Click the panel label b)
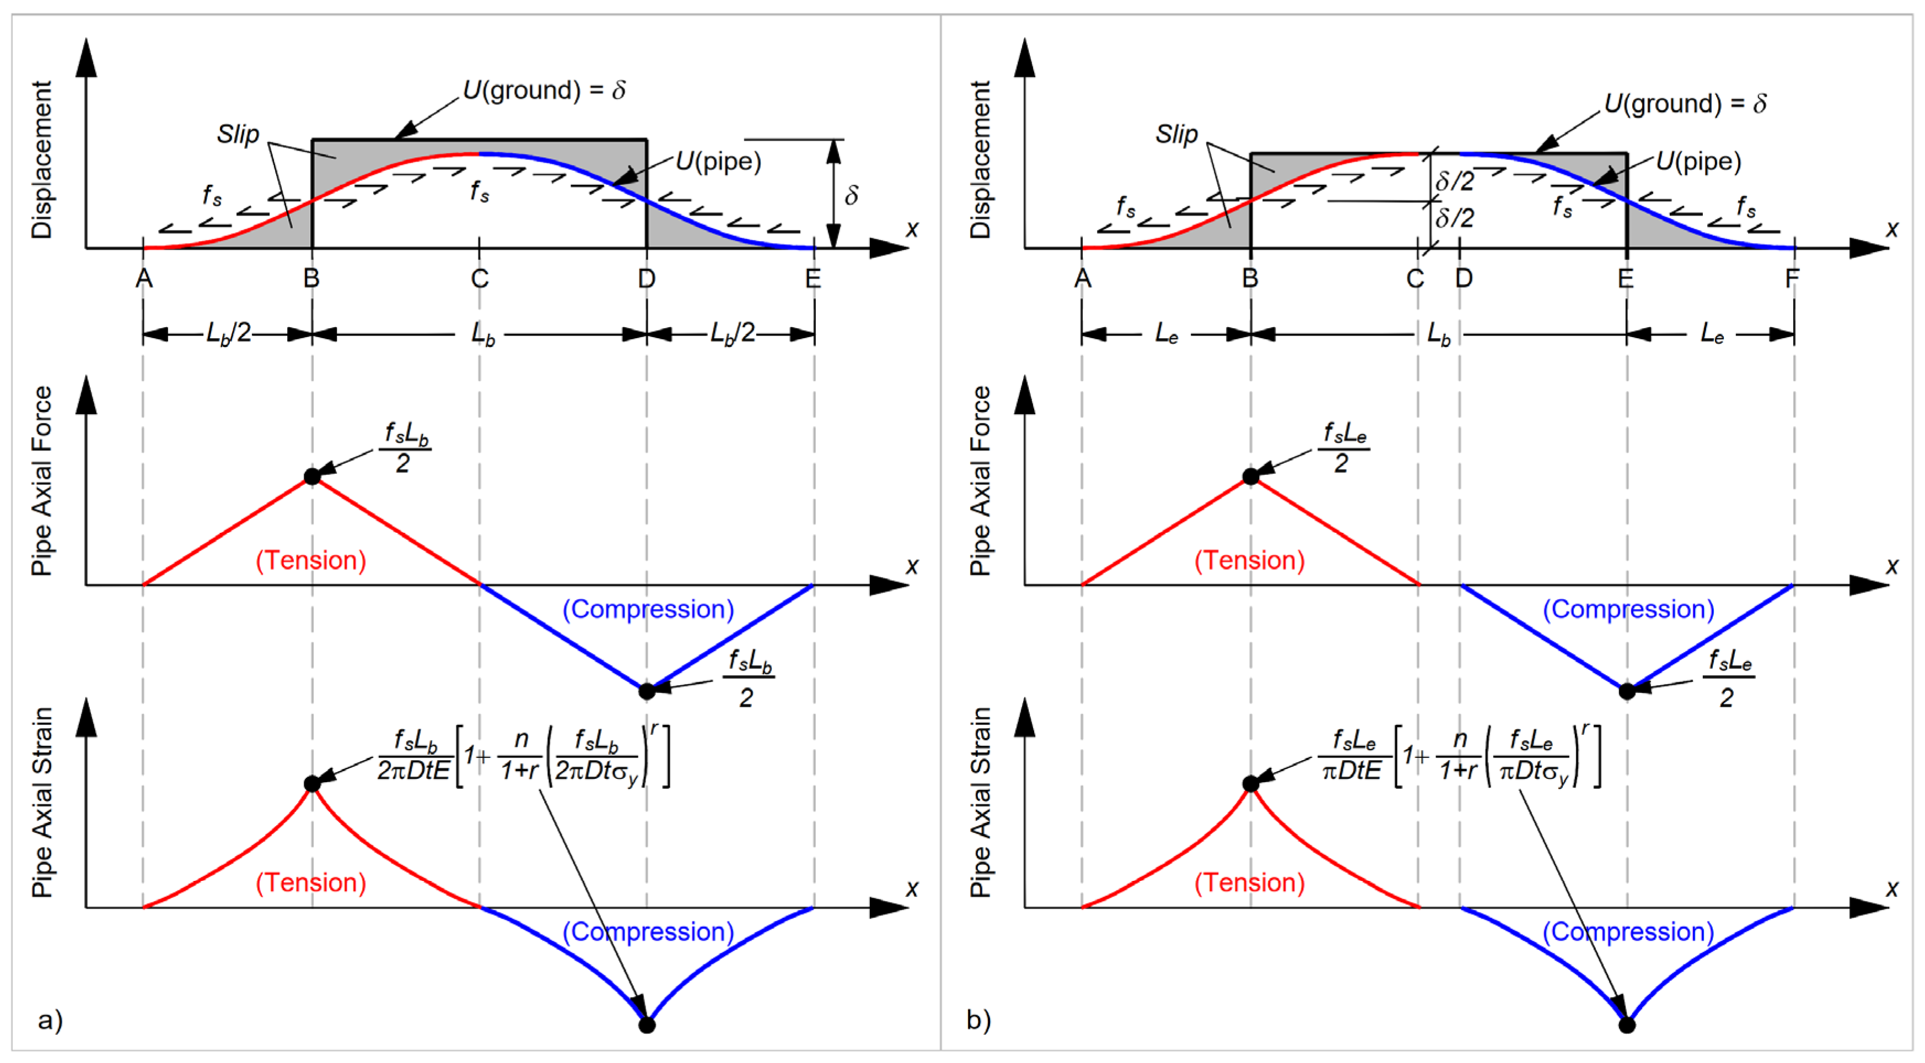pyautogui.click(x=978, y=1019)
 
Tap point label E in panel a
pyautogui.click(x=813, y=279)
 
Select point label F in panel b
pyautogui.click(x=1792, y=279)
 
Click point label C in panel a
pyautogui.click(x=480, y=279)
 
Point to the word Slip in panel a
pyautogui.click(x=238, y=135)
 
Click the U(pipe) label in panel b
pyautogui.click(x=1698, y=162)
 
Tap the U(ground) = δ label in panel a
pyautogui.click(x=544, y=90)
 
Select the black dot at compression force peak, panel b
pyautogui.click(x=1627, y=691)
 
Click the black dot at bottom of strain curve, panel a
pyautogui.click(x=647, y=1025)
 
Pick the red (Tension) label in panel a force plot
pyautogui.click(x=311, y=560)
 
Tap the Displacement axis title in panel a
pyautogui.click(x=42, y=160)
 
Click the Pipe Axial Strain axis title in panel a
pyautogui.click(x=42, y=802)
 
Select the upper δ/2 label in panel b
pyautogui.click(x=1454, y=181)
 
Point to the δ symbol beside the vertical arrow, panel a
pyautogui.click(x=851, y=196)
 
